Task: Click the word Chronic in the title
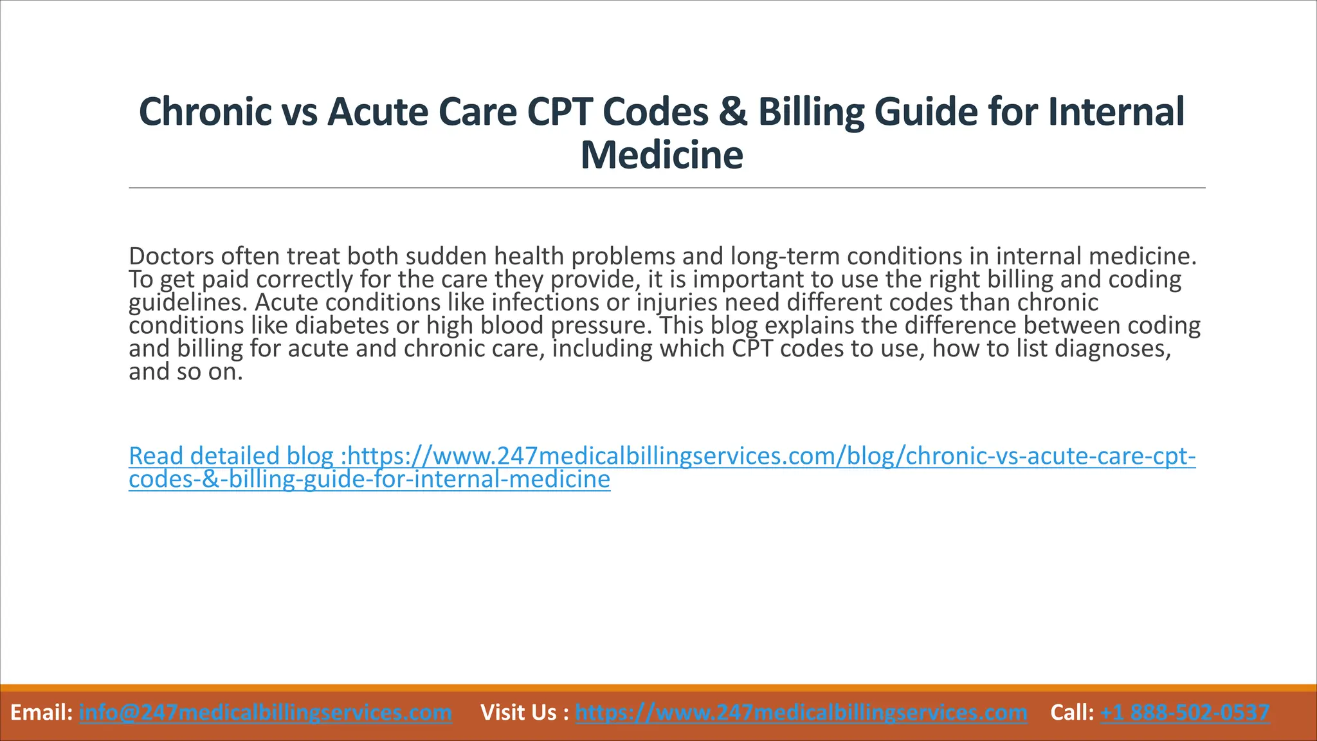coord(205,112)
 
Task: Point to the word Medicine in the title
coord(661,156)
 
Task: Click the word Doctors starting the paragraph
coord(171,257)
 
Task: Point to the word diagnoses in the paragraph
coord(1113,349)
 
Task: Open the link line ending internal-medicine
coord(369,479)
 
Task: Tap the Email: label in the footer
coord(41,713)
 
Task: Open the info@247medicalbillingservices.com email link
coord(265,713)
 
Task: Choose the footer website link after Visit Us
coord(801,713)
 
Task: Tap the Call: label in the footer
coord(1071,713)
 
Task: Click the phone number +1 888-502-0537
coord(1185,713)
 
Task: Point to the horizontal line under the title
coord(667,188)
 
